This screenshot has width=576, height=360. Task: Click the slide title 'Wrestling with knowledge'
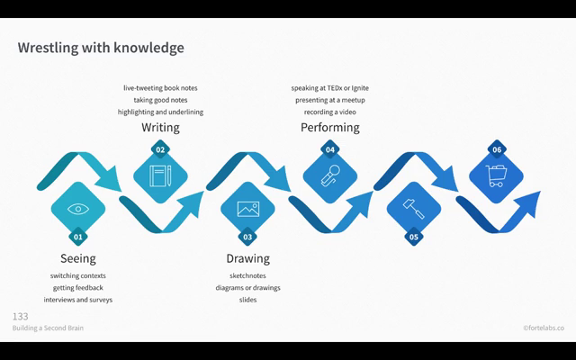101,47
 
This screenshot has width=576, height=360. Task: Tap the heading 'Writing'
160,128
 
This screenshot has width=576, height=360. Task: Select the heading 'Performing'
329,128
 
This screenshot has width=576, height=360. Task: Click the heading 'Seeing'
77,259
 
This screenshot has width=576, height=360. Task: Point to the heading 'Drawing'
247,259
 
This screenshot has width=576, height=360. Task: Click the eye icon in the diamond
78,209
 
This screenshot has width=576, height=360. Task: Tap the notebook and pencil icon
160,175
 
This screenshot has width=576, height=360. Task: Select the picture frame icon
247,209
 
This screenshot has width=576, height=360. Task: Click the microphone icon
330,175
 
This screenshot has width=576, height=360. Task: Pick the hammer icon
414,209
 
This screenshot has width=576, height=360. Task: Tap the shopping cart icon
496,175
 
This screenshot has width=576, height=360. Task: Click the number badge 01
78,237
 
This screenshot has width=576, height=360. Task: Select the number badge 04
330,149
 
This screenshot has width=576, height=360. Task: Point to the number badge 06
496,149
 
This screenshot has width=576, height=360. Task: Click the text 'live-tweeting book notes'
160,88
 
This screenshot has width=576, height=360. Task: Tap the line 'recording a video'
329,112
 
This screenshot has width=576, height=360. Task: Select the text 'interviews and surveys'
78,300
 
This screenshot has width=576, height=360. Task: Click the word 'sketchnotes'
247,275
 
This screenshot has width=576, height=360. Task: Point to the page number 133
20,317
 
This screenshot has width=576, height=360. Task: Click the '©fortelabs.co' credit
543,328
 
